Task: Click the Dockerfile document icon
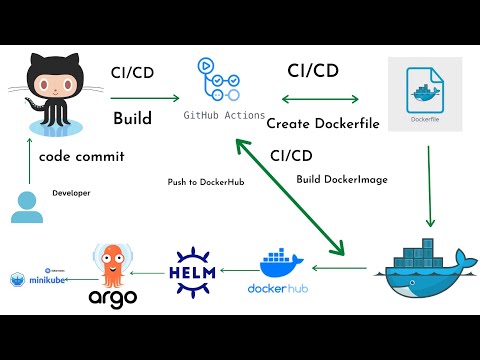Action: [425, 94]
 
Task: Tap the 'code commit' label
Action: [76, 157]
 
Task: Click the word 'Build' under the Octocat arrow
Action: [132, 119]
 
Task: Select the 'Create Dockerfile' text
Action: [316, 123]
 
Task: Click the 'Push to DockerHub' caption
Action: [207, 182]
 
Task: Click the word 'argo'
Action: [112, 299]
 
